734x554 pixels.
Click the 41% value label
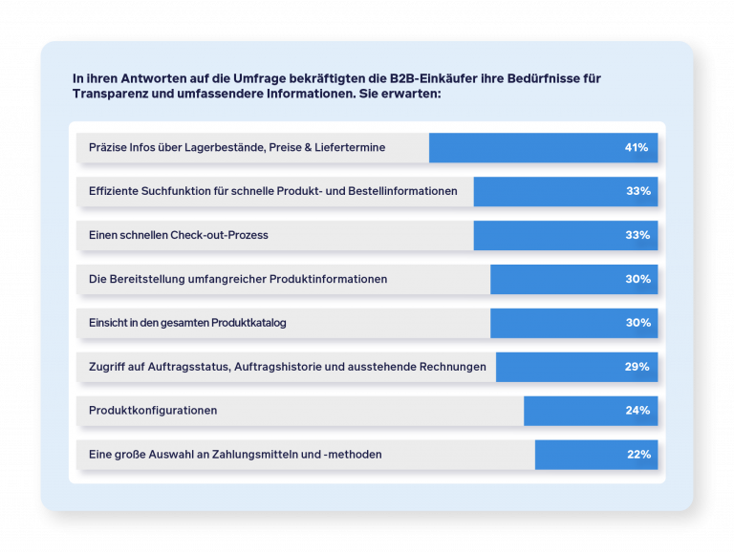[637, 147]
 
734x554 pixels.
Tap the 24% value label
[637, 411]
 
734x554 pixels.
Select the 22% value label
[638, 455]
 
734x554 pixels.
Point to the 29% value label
[637, 367]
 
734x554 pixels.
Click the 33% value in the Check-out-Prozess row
[637, 235]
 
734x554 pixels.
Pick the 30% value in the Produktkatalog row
[637, 323]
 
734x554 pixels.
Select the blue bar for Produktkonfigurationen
[573, 411]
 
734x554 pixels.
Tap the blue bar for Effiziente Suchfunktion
[545, 191]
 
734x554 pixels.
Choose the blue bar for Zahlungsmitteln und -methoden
[578, 455]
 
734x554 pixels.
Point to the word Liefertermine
[349, 147]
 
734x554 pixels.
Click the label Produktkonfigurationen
[153, 411]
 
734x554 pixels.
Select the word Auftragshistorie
[320, 367]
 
